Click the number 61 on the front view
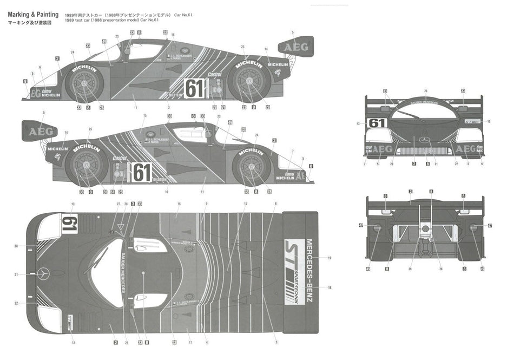(377, 123)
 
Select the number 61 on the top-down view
(69, 223)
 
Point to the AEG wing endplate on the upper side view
(296, 47)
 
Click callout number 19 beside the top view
(329, 258)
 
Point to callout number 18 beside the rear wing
(329, 287)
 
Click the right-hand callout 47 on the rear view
(490, 225)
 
